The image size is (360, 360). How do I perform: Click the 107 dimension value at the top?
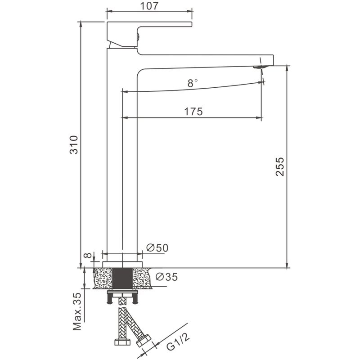149,6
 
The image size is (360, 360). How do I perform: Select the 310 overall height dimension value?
74,145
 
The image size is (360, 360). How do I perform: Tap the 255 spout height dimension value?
279,166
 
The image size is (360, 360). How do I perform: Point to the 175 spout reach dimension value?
193,112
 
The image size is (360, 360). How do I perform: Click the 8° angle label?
193,83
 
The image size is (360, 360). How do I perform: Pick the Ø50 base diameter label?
157,248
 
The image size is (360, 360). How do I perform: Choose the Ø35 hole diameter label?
166,277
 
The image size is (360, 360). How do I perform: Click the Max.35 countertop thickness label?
77,311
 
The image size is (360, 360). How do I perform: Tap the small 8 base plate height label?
87,255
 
